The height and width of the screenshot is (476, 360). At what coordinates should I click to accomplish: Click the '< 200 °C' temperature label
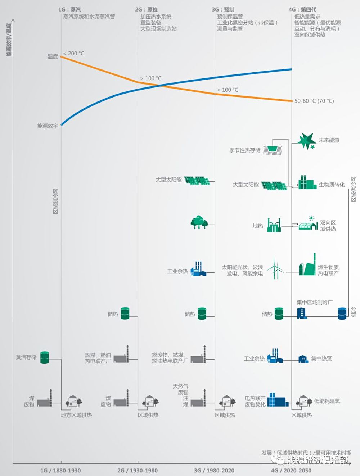point(73,53)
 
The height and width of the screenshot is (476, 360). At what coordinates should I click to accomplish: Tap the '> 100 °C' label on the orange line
point(151,78)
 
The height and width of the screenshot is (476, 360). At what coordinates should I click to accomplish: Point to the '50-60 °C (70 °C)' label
point(314,101)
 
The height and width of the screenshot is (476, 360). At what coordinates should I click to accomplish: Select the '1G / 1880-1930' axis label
point(60,470)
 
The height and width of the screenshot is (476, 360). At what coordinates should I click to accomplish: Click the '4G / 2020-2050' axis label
point(291,470)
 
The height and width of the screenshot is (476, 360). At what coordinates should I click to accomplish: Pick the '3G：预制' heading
point(223,10)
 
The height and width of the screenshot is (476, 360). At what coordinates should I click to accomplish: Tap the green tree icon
point(199,222)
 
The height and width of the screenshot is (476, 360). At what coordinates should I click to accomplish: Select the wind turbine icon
point(275,268)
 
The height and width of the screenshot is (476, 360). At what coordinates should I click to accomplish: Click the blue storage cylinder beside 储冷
point(342,314)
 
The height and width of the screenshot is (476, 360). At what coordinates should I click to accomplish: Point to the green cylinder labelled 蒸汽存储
point(45,357)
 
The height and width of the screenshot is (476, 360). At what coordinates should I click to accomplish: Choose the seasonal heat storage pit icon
point(273,150)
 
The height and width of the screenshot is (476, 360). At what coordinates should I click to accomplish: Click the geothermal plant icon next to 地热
point(274,225)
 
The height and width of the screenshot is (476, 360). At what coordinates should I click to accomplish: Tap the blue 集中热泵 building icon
point(303,359)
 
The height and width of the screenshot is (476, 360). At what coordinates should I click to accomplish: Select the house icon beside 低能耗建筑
point(304,401)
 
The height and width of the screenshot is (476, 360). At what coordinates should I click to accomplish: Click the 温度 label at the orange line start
point(53,56)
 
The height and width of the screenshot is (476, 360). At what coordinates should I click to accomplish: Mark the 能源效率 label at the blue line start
point(48,126)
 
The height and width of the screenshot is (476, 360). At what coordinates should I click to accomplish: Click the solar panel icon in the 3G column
point(197,180)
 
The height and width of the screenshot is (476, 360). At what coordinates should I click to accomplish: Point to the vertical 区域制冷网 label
point(55,201)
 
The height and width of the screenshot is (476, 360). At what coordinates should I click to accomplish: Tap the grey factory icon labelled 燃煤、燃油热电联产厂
point(121,354)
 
